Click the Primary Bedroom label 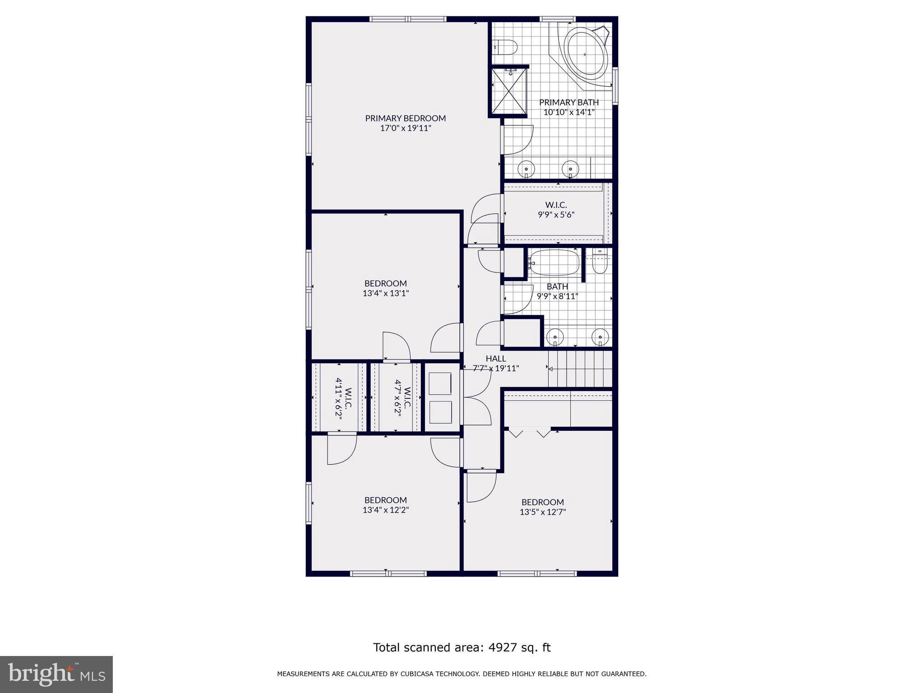point(405,118)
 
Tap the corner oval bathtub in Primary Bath point(585,55)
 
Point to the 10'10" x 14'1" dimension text point(569,112)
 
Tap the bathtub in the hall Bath point(554,262)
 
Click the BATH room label point(557,286)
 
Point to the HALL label point(495,359)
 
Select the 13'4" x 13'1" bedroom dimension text point(386,293)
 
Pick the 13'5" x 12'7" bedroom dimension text point(542,512)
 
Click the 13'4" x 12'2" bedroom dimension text point(386,510)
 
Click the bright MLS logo point(56,674)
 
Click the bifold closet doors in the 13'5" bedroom point(530,433)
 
